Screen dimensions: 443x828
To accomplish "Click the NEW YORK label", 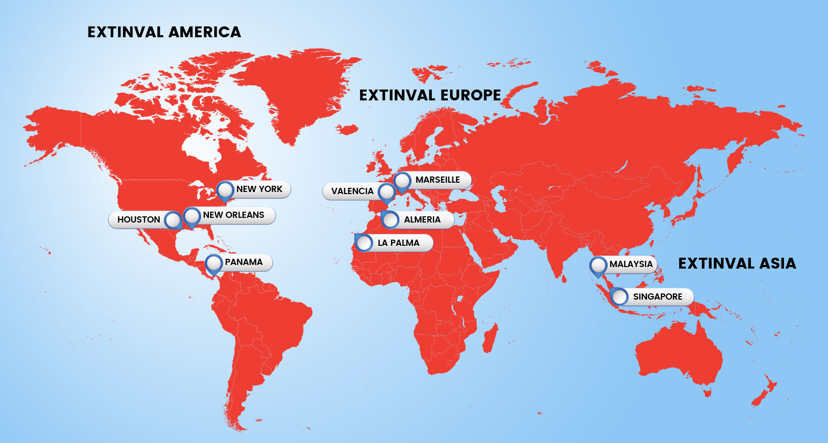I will (x=259, y=189).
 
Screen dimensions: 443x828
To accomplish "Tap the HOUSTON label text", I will (x=139, y=219).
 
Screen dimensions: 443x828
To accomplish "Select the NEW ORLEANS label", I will (x=233, y=215).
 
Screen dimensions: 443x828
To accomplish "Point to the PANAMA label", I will (x=244, y=262).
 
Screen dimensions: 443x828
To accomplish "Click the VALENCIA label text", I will (x=352, y=191).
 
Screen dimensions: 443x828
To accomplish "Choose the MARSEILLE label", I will (x=438, y=180).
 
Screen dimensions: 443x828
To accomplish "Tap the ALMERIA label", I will (x=422, y=219).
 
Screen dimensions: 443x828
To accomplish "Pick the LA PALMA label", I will (x=398, y=243).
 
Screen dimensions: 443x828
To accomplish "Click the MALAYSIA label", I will (x=630, y=264).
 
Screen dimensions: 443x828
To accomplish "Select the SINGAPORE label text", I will (x=657, y=297).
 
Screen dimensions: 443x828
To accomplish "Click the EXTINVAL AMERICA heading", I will (x=164, y=32).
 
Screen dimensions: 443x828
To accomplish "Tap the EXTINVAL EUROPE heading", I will (x=430, y=95).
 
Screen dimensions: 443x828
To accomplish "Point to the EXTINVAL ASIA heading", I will (x=737, y=263).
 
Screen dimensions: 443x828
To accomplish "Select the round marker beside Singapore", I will (x=619, y=297).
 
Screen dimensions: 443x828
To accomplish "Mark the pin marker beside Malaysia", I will (x=598, y=265).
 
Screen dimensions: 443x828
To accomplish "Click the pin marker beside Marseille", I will (x=402, y=182).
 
